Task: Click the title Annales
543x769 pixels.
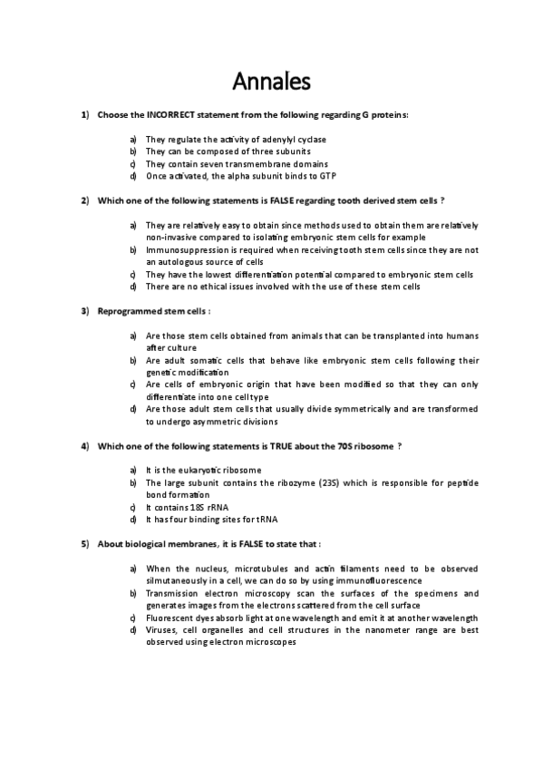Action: pyautogui.click(x=272, y=82)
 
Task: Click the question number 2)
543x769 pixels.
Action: pyautogui.click(x=84, y=200)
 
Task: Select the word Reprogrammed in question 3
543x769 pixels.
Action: pyautogui.click(x=127, y=311)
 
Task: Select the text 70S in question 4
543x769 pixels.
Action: pyautogui.click(x=344, y=446)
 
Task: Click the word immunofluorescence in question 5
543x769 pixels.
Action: pyautogui.click(x=379, y=580)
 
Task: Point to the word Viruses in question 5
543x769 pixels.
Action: pyautogui.click(x=163, y=629)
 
